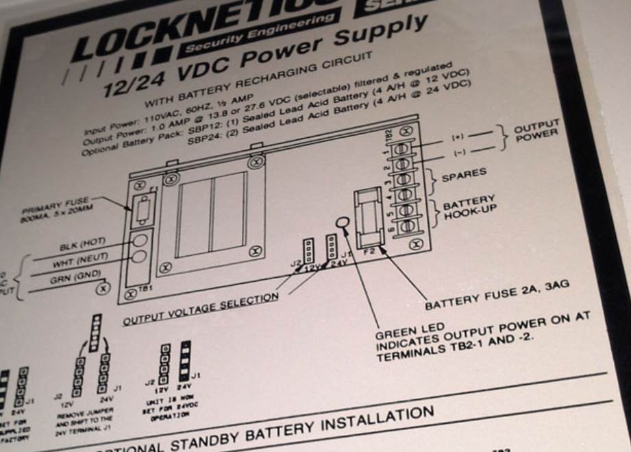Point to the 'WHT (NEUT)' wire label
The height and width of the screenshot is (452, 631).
pos(75,263)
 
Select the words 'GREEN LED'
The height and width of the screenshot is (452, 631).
pos(409,335)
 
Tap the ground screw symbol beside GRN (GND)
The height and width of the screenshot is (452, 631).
pos(103,289)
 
